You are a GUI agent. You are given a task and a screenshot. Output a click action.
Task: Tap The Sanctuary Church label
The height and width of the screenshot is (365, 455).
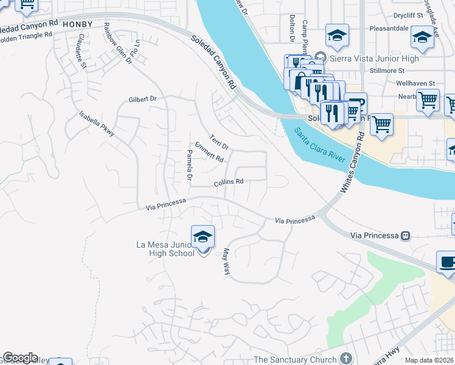coord(294,360)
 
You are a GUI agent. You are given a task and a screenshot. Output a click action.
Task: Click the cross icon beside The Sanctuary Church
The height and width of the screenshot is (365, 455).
coord(346,359)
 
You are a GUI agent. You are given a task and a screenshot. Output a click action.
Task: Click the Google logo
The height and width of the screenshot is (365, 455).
coord(19,358)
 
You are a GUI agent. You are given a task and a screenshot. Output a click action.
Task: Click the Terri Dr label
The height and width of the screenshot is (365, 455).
coord(219,142)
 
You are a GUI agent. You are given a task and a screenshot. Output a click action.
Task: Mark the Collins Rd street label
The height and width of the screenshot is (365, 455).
coord(229,182)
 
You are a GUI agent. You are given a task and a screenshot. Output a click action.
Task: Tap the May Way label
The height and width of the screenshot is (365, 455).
coord(226,261)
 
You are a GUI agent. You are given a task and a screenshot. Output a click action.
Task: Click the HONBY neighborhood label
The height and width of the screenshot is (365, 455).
coord(77,24)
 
